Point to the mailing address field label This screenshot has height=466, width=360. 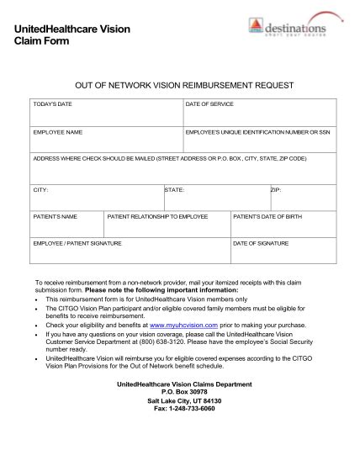click(169, 158)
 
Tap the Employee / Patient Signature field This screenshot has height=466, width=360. click(130, 252)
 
